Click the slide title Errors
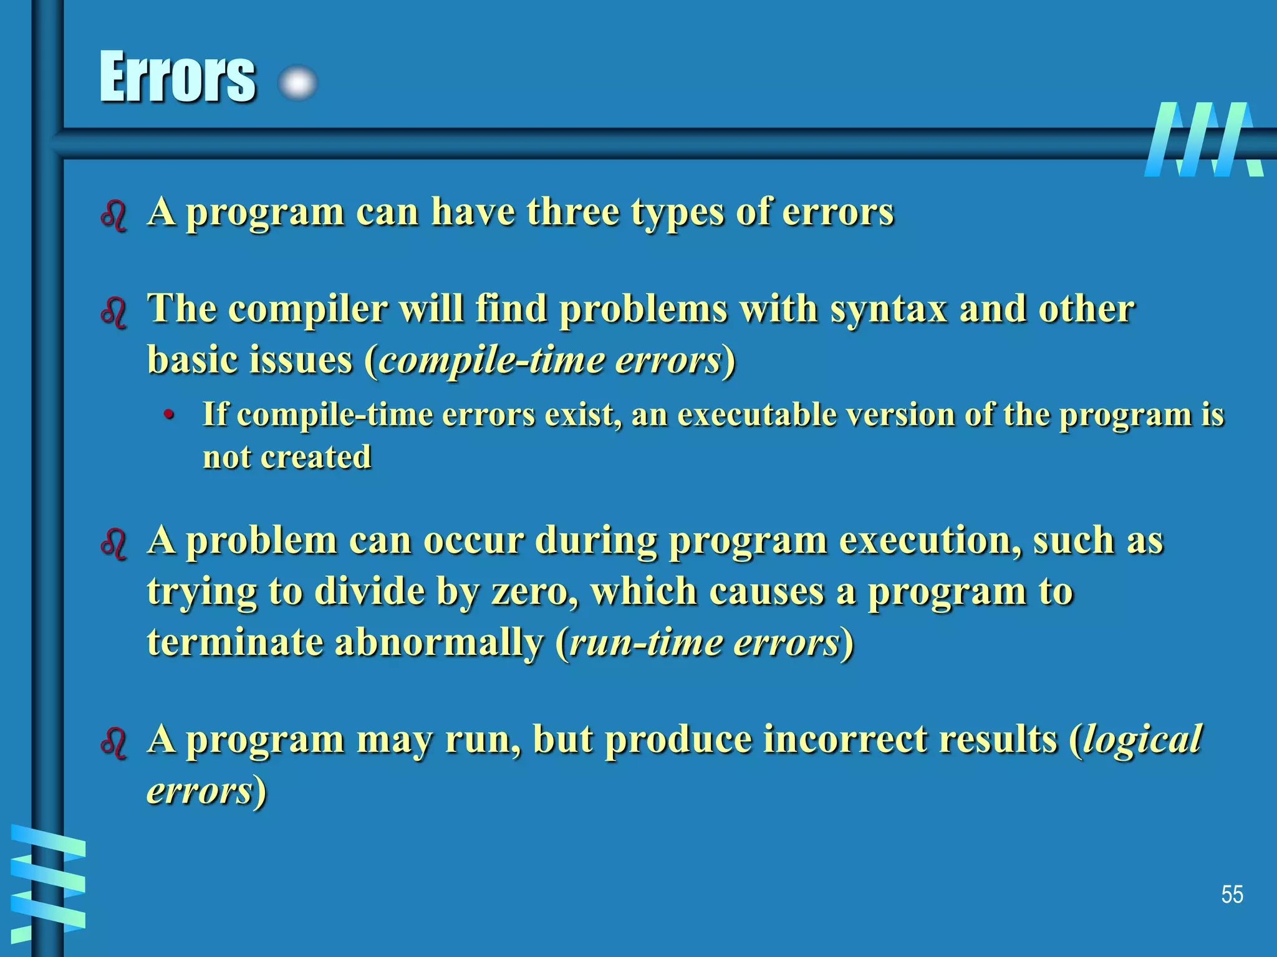178,77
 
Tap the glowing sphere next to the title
298,83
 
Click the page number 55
1231,895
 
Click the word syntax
889,310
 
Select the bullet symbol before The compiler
114,312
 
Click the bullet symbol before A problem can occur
114,543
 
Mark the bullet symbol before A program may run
114,743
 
